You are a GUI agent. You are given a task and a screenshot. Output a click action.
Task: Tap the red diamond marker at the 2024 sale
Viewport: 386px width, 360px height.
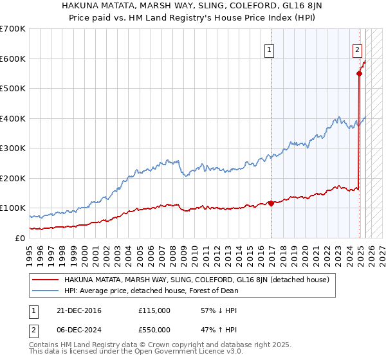pos(359,73)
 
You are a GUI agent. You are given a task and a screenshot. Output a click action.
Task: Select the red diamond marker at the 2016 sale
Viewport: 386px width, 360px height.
pos(271,203)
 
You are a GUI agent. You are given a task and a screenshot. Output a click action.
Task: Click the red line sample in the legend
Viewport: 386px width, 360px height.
pos(45,280)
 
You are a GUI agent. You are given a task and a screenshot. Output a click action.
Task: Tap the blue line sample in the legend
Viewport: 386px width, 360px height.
pos(45,291)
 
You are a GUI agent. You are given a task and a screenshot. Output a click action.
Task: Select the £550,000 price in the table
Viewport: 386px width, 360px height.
pos(154,330)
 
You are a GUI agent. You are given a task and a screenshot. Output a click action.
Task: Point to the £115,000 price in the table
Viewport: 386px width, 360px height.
pos(154,310)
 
